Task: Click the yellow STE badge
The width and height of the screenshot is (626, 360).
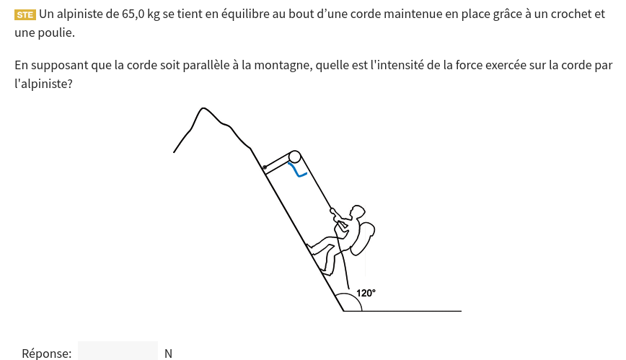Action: coord(25,14)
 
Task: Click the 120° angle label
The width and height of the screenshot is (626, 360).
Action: coord(366,294)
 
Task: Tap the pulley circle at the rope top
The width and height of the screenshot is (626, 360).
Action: coord(295,157)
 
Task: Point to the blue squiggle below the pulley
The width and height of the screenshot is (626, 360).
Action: coord(297,170)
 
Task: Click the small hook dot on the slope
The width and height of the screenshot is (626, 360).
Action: coord(264,167)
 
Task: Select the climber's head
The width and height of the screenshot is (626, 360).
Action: coord(357,212)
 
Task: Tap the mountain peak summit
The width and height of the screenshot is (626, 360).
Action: coord(203,108)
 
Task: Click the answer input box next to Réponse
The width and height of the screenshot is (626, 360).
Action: coord(118,351)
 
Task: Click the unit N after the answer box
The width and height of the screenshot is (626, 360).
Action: coord(168,354)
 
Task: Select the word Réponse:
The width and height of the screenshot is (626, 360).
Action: coord(47,354)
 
